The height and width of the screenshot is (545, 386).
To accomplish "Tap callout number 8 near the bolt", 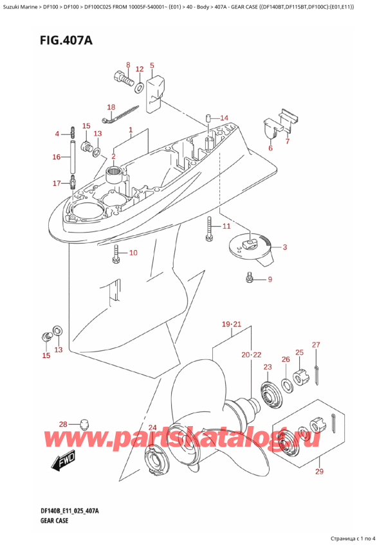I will tap(127, 65).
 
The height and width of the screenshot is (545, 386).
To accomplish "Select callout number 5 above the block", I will tap(152, 66).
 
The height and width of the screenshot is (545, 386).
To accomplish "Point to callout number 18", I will tap(111, 107).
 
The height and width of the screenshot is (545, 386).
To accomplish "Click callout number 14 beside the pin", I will tap(224, 118).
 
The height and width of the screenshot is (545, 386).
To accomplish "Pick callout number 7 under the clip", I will tap(288, 141).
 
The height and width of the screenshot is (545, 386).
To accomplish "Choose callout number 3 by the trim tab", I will tap(284, 247).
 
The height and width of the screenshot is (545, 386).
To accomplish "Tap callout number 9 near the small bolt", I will tap(270, 279).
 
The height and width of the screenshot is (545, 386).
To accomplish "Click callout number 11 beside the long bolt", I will tap(226, 226).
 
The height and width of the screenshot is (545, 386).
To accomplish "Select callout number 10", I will tap(133, 253).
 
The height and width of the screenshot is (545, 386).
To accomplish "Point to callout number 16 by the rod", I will tap(57, 156).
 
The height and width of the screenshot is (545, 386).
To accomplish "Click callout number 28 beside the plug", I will tap(62, 424).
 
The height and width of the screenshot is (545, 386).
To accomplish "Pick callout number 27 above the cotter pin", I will tap(315, 345).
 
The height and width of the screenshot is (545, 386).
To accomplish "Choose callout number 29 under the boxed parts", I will tap(320, 472).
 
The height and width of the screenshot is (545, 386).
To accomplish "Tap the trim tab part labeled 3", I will tap(253, 246).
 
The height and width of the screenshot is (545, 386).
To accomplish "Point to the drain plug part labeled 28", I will tap(84, 424).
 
